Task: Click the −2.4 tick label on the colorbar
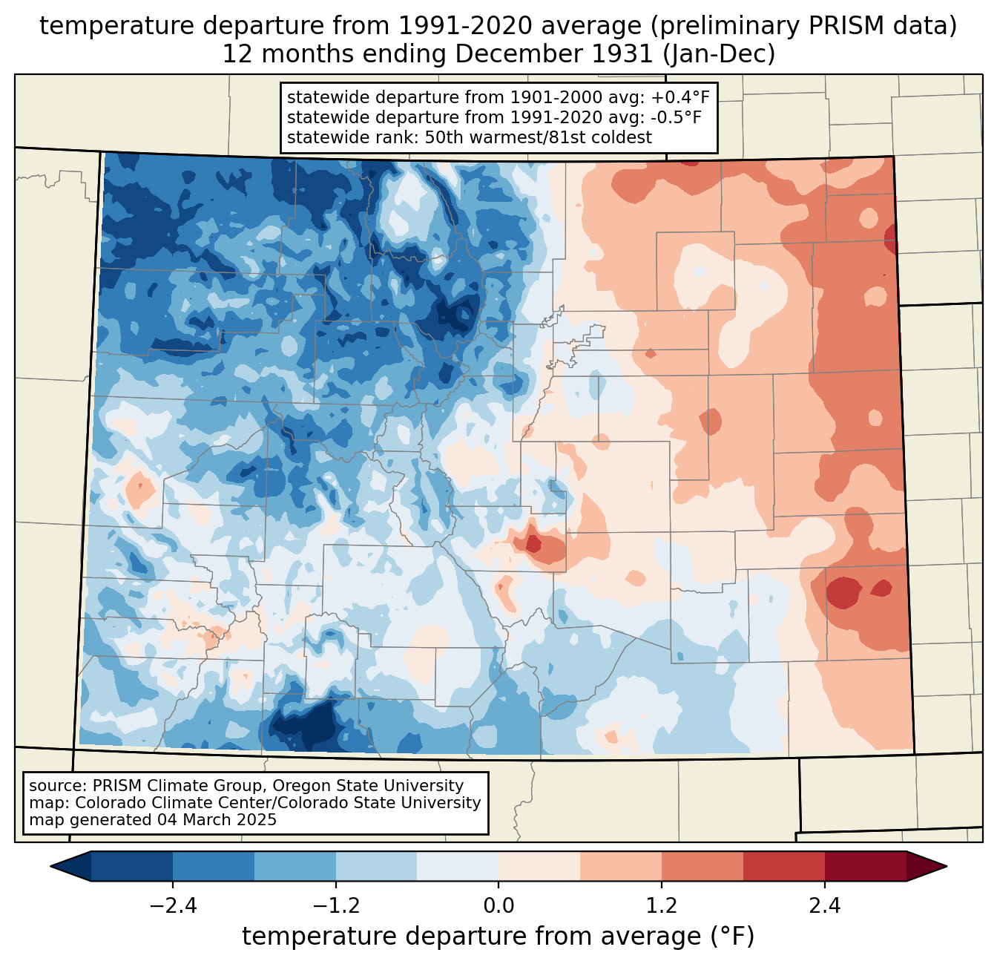click(173, 905)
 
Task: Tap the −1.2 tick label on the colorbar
click(336, 905)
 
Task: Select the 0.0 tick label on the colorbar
click(498, 905)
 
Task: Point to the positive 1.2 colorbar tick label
click(662, 905)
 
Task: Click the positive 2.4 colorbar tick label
click(825, 905)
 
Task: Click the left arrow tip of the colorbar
click(50, 867)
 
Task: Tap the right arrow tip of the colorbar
click(947, 867)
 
